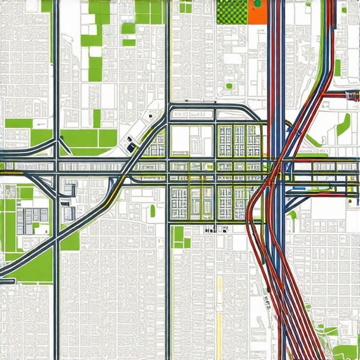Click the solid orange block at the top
point(259,11)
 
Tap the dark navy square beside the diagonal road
point(130,148)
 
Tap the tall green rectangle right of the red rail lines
point(337,67)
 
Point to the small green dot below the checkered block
point(229,86)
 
